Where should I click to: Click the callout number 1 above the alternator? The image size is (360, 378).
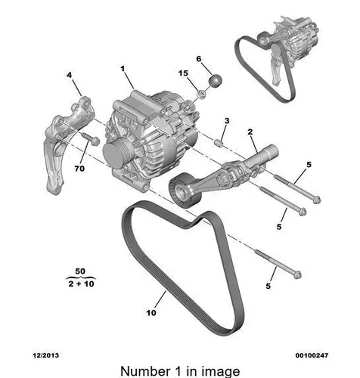(x=123, y=69)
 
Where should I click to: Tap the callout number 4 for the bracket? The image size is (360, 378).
(x=69, y=75)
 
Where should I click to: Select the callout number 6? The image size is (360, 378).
(x=199, y=59)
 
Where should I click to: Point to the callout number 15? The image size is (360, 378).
(x=183, y=73)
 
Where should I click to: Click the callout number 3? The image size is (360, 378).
(x=227, y=121)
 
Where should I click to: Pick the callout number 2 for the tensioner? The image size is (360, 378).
(x=250, y=132)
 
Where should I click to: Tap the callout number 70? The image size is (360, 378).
(x=79, y=168)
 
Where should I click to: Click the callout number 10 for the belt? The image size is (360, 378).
(x=151, y=313)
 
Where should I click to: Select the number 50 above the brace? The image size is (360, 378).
(x=80, y=271)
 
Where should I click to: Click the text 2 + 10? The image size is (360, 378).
(x=81, y=283)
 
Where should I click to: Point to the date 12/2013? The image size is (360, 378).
(x=46, y=355)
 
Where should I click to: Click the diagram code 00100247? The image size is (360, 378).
(x=312, y=355)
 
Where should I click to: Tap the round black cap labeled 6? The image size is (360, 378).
(x=216, y=81)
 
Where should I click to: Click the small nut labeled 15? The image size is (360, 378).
(x=202, y=94)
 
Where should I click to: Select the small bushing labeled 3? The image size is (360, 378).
(x=218, y=144)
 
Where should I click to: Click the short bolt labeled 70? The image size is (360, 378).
(x=91, y=138)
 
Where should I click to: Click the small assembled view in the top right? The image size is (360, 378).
(x=278, y=59)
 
